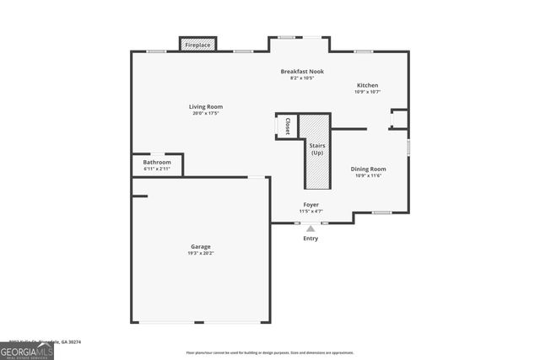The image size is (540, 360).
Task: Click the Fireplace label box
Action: (x=199, y=45)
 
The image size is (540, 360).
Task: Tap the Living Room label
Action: (x=205, y=106)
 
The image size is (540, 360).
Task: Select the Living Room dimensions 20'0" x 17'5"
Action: (x=205, y=113)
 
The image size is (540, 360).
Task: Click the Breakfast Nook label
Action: (x=302, y=72)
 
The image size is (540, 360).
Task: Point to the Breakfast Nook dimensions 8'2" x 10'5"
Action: (x=302, y=78)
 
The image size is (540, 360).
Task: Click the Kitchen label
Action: (x=367, y=85)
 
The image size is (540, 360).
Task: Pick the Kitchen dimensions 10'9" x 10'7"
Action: (x=367, y=92)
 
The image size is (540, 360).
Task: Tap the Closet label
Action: (x=287, y=126)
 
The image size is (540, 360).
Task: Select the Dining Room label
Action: (x=368, y=169)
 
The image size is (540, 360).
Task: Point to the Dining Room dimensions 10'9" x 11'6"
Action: (x=368, y=175)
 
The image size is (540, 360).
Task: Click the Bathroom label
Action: (x=157, y=162)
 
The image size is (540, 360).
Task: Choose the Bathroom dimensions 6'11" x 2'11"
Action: (x=157, y=169)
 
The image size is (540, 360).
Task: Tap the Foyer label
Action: (x=311, y=205)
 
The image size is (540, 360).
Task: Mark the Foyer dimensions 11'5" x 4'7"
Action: (x=311, y=212)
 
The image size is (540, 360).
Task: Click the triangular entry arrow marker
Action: (x=310, y=228)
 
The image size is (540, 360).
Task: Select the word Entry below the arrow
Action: (x=311, y=239)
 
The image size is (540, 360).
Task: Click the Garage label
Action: (x=200, y=246)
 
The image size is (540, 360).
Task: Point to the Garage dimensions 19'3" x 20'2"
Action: (x=200, y=253)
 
